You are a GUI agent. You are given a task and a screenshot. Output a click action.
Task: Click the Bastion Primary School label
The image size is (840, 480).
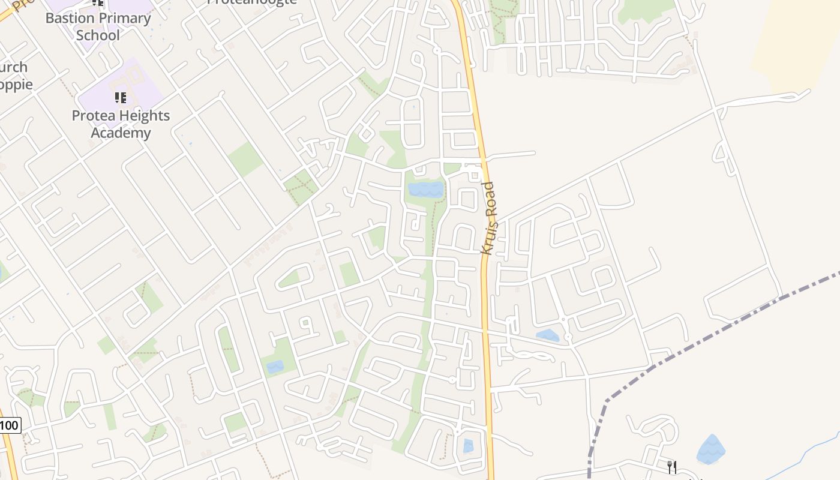pos(98,26)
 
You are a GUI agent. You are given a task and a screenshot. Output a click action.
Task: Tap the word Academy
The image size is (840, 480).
pos(121,133)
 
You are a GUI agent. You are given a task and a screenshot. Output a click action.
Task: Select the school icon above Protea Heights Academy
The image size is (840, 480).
pos(121,97)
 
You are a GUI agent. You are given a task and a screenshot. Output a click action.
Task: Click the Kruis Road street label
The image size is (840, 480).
pos(488,218)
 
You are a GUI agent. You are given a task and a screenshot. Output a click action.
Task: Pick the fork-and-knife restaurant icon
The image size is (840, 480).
pos(672,466)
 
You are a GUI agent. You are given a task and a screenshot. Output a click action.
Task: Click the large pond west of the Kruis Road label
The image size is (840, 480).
pos(426,190)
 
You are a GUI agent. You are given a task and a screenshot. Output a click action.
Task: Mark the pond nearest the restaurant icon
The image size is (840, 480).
pos(711,449)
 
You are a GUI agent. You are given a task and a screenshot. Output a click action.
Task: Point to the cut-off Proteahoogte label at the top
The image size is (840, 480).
pos(252,2)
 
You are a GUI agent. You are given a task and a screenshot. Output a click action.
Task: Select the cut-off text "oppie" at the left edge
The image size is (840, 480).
pos(16,85)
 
